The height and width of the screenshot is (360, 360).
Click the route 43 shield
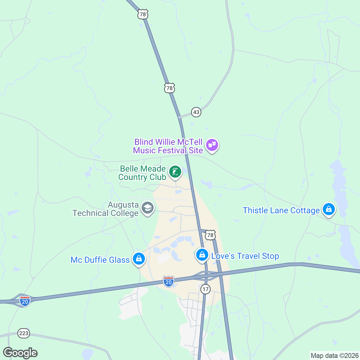pos(196,112)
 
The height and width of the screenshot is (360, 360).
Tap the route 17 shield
pos(205,289)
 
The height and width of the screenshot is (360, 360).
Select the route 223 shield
pos(24,333)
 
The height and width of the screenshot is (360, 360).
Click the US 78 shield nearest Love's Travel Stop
pos(210,235)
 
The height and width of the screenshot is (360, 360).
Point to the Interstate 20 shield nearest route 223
pos(25,300)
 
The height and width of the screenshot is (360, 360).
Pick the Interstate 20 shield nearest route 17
pos(169,281)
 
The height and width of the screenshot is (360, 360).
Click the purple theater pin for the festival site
pos(212,145)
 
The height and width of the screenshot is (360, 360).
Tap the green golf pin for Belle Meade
pos(175,172)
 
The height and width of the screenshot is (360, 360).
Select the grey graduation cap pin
pos(147,208)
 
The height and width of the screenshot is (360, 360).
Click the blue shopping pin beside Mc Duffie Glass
pos(139,258)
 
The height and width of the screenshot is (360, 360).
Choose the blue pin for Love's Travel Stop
pos(202,255)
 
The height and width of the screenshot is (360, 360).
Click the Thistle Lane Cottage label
pos(281,211)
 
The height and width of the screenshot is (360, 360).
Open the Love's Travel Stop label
pos(245,256)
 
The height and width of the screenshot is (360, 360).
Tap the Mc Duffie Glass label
pos(100,260)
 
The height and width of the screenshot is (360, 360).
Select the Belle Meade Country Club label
pos(142,173)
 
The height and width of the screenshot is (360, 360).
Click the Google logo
pos(20,353)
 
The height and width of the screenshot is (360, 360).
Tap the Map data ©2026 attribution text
pos(334,356)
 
